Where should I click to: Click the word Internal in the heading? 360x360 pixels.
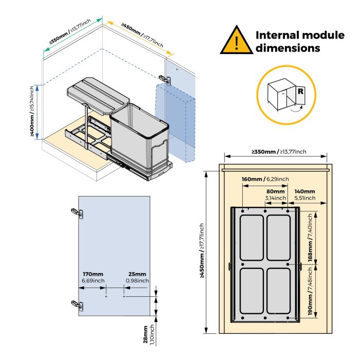coord(280,35)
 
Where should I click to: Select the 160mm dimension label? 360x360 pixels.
coord(252,179)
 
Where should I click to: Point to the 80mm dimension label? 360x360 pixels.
coord(276,191)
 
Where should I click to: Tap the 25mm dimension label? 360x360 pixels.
coord(137,274)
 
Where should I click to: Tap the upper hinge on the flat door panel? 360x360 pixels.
coord(76,211)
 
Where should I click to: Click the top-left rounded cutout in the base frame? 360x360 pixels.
coord(254,238)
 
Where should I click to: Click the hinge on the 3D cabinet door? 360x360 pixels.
coord(164,78)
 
